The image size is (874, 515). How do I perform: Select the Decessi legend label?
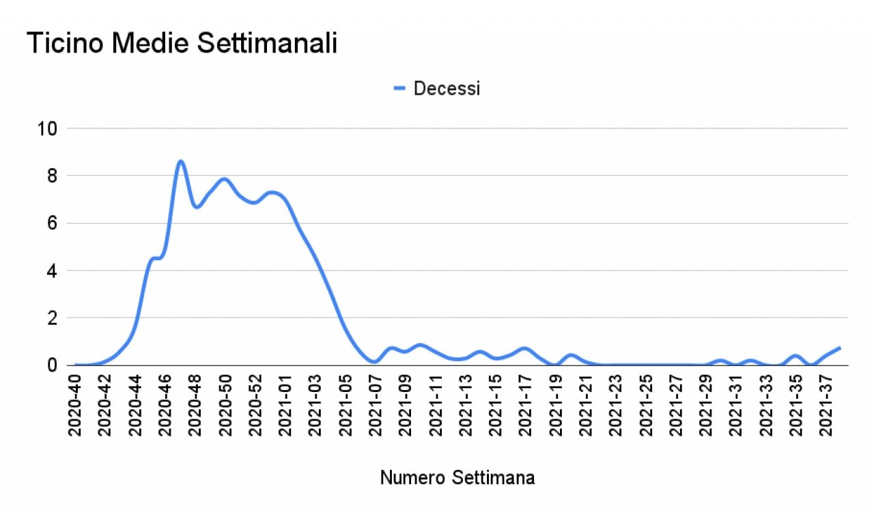(x=447, y=88)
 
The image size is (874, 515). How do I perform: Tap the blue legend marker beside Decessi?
(x=400, y=88)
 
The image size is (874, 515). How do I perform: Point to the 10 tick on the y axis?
(x=48, y=128)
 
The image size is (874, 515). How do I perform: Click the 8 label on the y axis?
(x=52, y=176)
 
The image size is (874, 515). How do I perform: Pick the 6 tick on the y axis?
(x=52, y=223)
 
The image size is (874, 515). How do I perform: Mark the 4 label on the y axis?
(x=52, y=270)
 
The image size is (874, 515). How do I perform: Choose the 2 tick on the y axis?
(x=52, y=318)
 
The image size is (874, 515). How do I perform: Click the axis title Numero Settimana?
(x=457, y=478)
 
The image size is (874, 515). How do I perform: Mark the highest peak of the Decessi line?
(x=181, y=161)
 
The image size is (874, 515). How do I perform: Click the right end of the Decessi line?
(x=840, y=348)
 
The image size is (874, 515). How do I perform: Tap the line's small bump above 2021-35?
(x=795, y=356)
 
